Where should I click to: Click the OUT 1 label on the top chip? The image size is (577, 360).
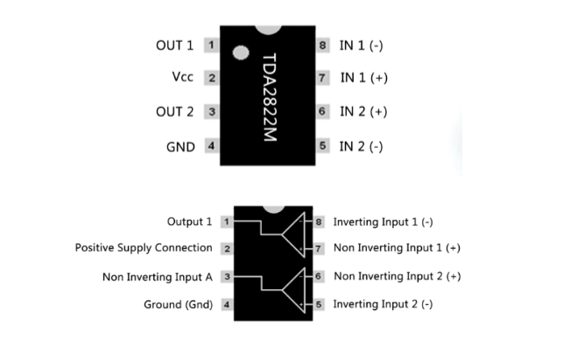pyautogui.click(x=173, y=45)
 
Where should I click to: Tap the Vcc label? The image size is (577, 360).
pyautogui.click(x=183, y=78)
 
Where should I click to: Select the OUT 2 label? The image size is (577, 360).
pyautogui.click(x=173, y=112)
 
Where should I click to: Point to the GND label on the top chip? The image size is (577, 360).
pyautogui.click(x=180, y=146)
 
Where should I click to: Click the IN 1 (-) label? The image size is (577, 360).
pyautogui.click(x=361, y=45)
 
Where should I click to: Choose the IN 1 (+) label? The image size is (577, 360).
pyautogui.click(x=363, y=78)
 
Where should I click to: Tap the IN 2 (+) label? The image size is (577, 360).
pyautogui.click(x=363, y=112)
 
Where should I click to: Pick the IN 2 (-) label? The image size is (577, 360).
pyautogui.click(x=361, y=146)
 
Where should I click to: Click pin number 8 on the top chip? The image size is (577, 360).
pyautogui.click(x=323, y=45)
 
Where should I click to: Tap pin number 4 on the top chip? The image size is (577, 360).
pyautogui.click(x=211, y=146)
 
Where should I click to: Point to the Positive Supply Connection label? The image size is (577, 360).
pyautogui.click(x=144, y=248)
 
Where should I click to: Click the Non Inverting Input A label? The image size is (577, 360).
pyautogui.click(x=157, y=277)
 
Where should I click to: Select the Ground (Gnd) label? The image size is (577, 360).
pyautogui.click(x=178, y=305)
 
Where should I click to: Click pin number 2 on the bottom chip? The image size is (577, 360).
pyautogui.click(x=227, y=249)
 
